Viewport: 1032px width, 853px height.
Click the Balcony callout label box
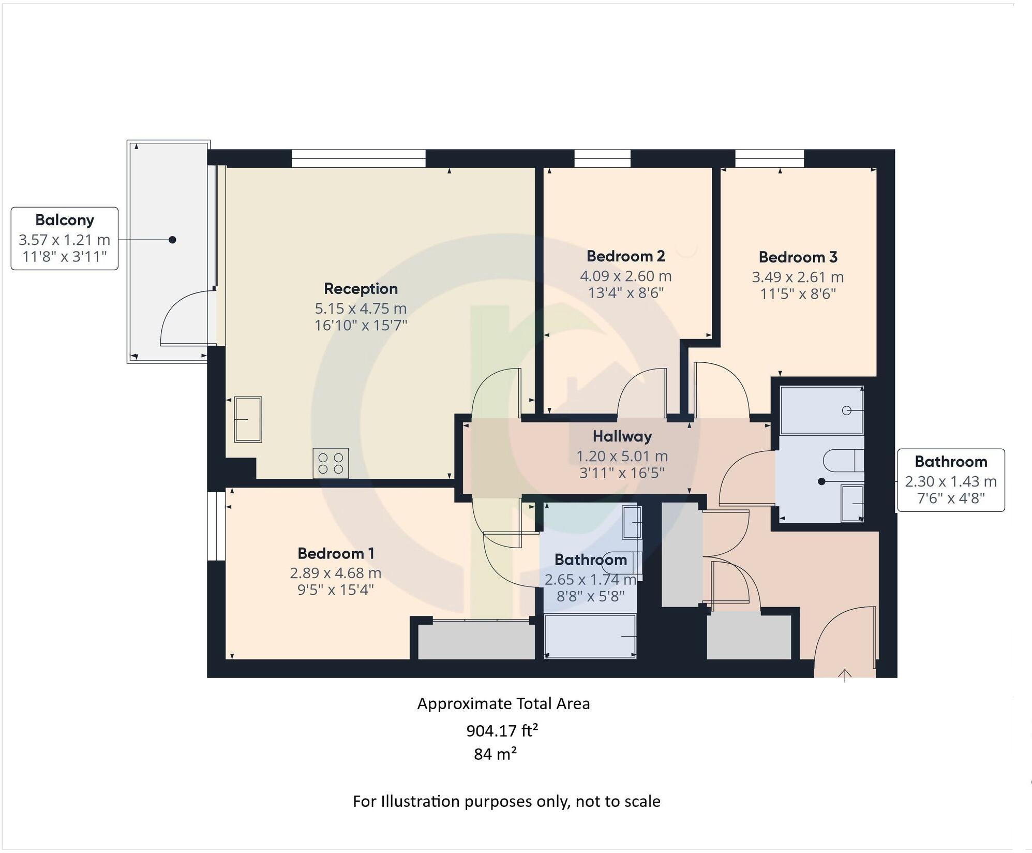click(64, 239)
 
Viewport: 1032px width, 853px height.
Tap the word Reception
click(361, 289)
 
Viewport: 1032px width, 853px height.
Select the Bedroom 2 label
click(625, 256)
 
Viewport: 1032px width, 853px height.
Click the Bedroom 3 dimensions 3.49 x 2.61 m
click(797, 277)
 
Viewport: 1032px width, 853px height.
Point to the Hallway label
click(622, 436)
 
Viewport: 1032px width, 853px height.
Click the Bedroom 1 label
click(336, 553)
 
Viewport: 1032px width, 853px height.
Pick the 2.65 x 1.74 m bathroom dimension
click(590, 580)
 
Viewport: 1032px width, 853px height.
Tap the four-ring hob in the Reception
click(331, 463)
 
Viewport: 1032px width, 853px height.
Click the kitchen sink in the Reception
click(248, 419)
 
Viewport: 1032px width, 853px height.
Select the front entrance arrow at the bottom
click(844, 675)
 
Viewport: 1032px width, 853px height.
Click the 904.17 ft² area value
click(502, 731)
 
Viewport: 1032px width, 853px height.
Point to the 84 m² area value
click(495, 754)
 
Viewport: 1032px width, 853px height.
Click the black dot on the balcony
click(172, 240)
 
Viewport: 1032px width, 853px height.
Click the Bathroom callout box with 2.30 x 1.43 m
click(950, 480)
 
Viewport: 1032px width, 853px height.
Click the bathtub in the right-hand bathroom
click(821, 410)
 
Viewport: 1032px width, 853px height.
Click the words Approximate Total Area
click(503, 704)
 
